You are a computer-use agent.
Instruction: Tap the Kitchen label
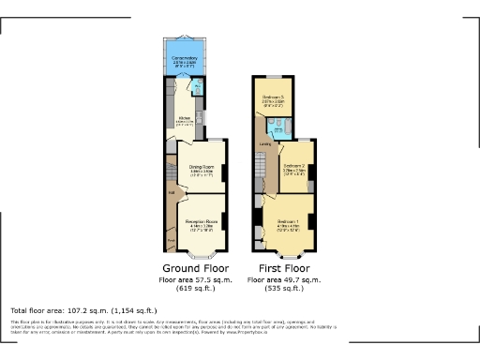coord(185,120)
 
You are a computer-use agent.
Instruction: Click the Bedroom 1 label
coord(290,223)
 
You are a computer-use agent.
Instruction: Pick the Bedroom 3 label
coord(273,98)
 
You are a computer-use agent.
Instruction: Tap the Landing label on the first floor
coord(266,144)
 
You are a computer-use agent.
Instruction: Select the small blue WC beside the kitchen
coord(198,89)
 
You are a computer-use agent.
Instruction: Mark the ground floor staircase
coord(172,175)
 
